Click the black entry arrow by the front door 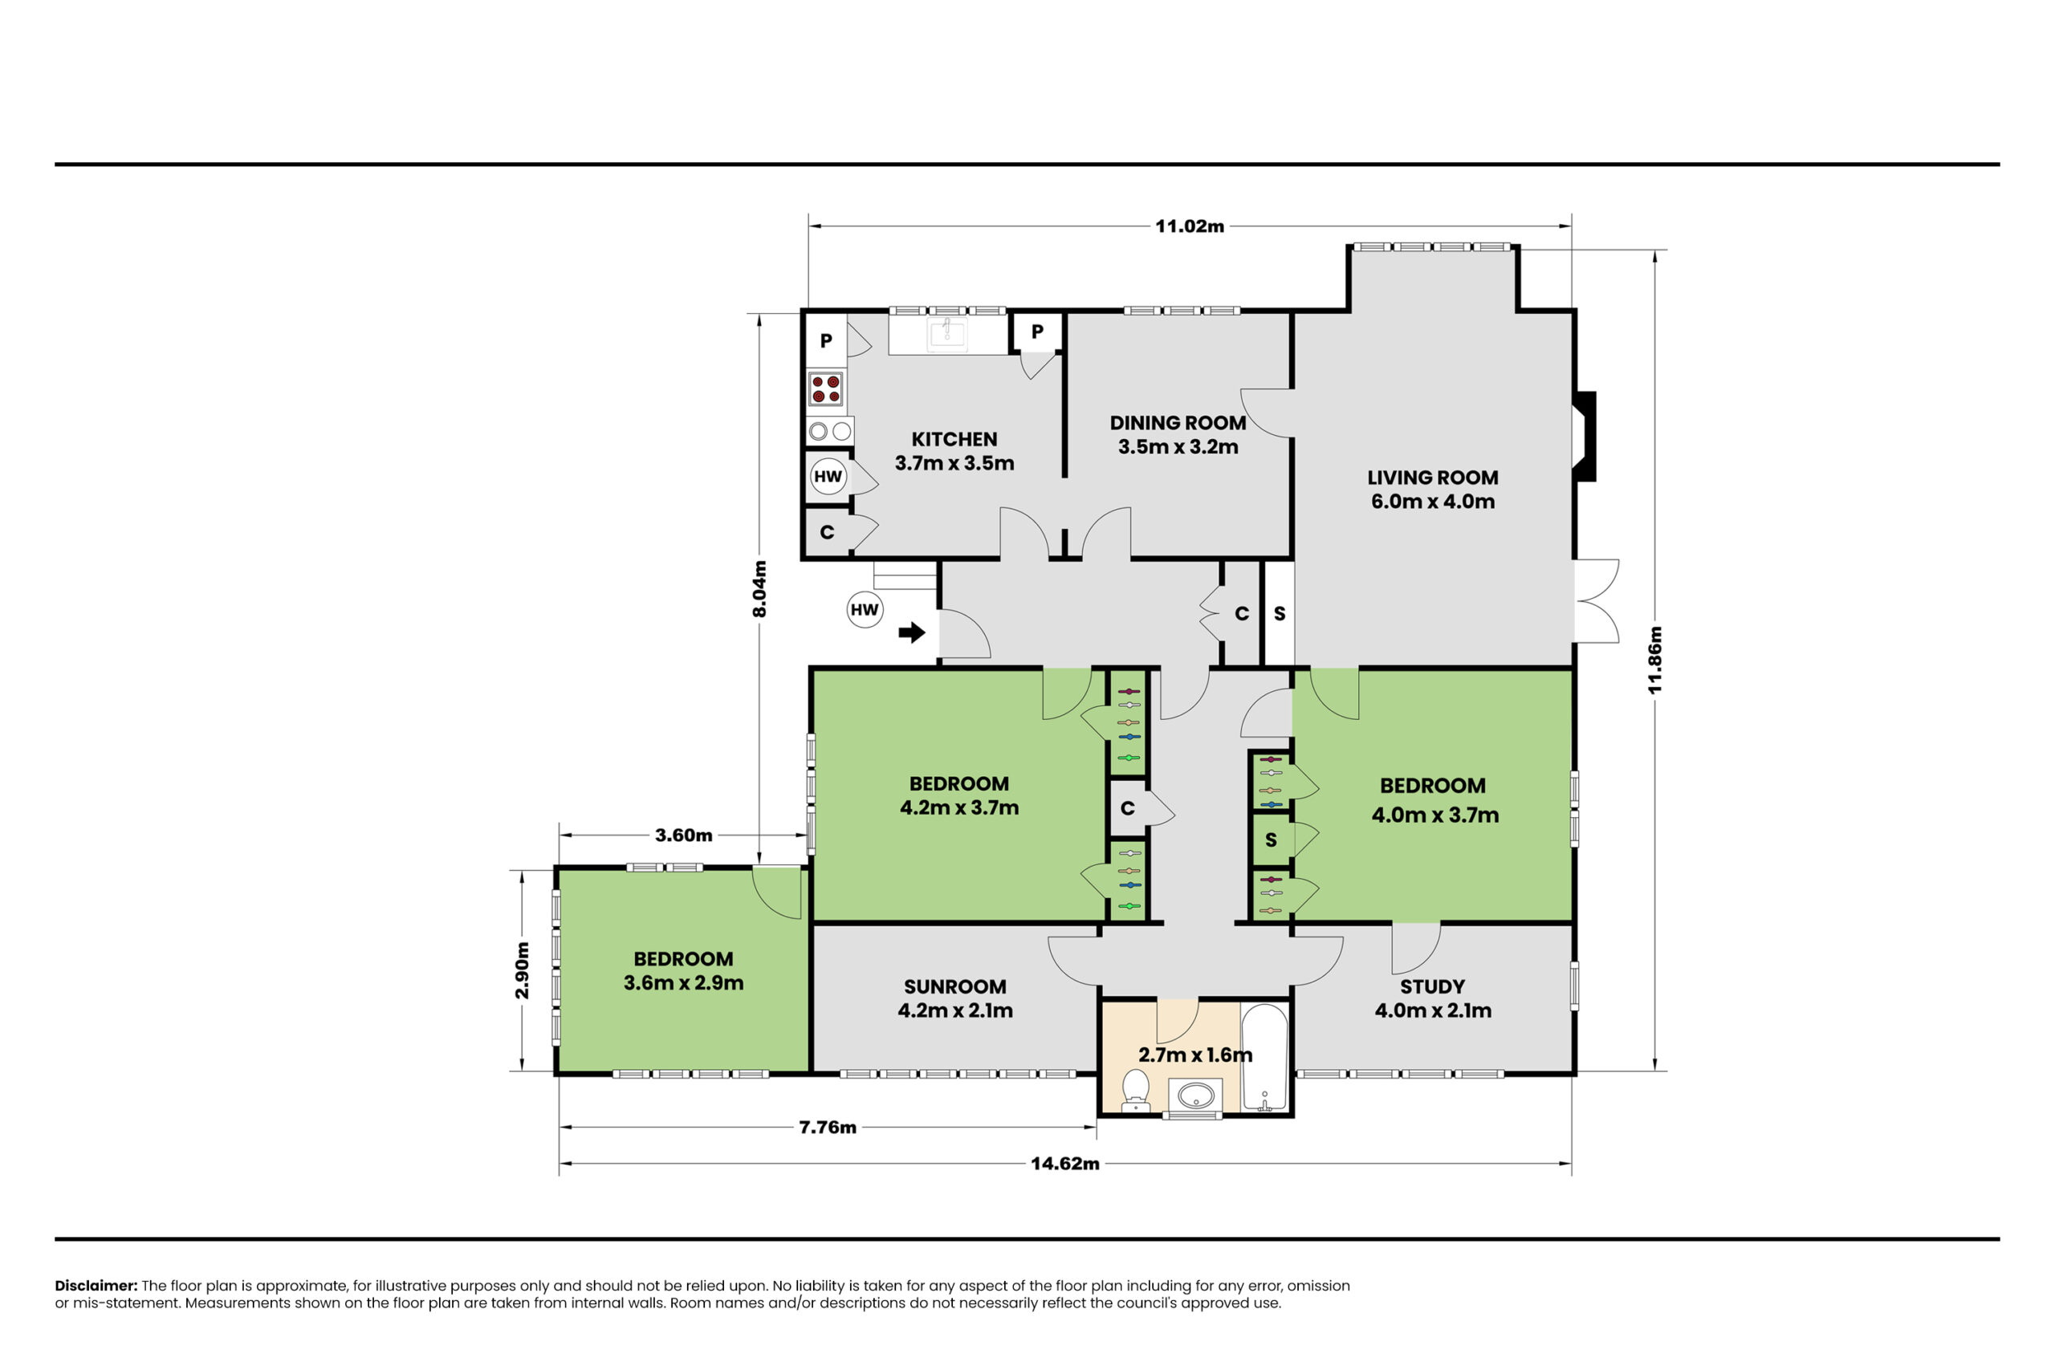coord(911,632)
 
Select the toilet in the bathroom coord(1136,1091)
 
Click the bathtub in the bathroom coord(1264,1057)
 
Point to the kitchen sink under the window coord(947,333)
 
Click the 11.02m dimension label coord(1190,226)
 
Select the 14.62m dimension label coord(1065,1164)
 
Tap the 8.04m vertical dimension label coord(760,589)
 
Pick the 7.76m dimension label coord(828,1127)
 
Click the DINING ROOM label coord(1178,423)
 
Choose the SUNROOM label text coord(955,986)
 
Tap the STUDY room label coord(1433,986)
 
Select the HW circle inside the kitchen coord(828,476)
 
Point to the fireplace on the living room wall coord(1585,436)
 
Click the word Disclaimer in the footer coord(96,1285)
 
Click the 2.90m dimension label coord(523,970)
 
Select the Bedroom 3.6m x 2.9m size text coord(683,983)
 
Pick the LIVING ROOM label coord(1433,478)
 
